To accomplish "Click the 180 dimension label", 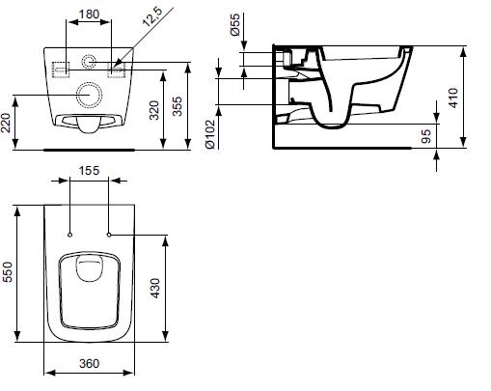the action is click(x=89, y=14).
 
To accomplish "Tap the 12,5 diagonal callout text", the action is click(x=153, y=16).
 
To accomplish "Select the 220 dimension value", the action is click(x=6, y=122).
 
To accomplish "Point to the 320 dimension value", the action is click(x=154, y=110).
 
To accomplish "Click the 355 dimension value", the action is click(x=177, y=106).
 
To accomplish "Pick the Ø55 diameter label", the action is click(x=235, y=24).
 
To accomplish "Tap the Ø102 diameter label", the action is click(x=209, y=134).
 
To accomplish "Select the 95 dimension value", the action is click(x=426, y=136).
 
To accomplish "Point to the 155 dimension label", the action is click(x=89, y=170).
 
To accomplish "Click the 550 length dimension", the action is click(x=7, y=272).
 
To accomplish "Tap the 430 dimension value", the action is click(x=155, y=289).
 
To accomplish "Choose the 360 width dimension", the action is click(x=89, y=364).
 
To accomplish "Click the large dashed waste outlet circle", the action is click(x=76, y=95).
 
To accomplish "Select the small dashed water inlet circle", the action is click(x=82, y=62).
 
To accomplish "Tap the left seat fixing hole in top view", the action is click(x=70, y=236).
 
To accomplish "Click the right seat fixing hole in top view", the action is click(x=109, y=236).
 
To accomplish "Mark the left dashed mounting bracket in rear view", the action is click(x=53, y=70).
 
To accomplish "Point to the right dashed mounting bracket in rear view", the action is click(x=123, y=70).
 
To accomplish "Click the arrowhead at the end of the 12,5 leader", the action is click(x=117, y=65).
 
